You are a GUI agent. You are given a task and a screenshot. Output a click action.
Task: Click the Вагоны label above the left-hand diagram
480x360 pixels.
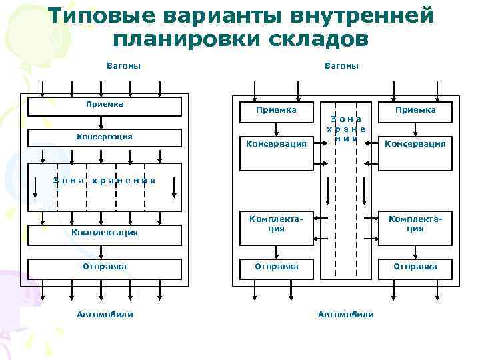(x=123, y=65)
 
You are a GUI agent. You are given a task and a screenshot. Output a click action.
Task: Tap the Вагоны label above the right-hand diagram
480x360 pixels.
(x=341, y=65)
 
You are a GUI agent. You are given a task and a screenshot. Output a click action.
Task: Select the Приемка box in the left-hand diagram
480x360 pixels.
(x=104, y=107)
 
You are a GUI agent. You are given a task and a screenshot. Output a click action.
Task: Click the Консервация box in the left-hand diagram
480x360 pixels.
(x=104, y=137)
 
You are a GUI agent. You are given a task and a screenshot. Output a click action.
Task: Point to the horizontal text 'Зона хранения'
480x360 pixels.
(x=104, y=180)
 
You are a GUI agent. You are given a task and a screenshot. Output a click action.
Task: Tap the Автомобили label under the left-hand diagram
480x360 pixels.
(x=104, y=314)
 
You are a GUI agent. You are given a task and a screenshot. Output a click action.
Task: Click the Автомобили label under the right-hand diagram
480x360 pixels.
(x=345, y=314)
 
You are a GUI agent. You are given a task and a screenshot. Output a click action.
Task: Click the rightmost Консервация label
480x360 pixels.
(x=415, y=143)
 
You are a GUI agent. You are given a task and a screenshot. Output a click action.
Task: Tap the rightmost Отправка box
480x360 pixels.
(x=415, y=266)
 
